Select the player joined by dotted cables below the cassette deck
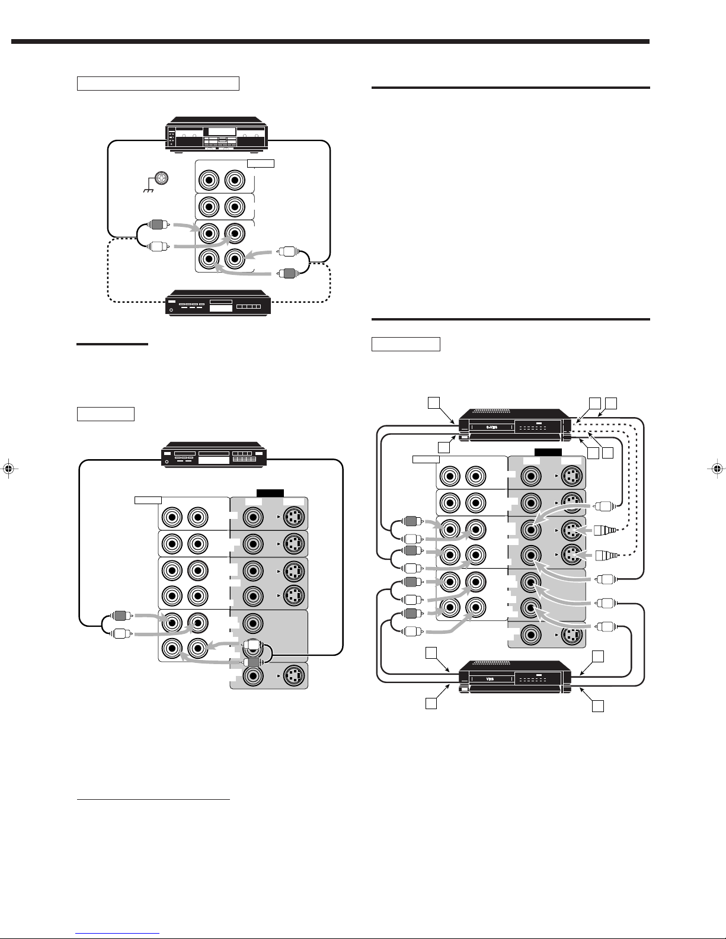tap(218, 303)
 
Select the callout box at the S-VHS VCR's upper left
tap(434, 403)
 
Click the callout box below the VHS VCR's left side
tap(432, 703)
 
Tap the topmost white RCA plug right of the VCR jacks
tap(603, 507)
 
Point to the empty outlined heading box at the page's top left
tap(158, 83)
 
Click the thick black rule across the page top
tap(330, 42)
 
